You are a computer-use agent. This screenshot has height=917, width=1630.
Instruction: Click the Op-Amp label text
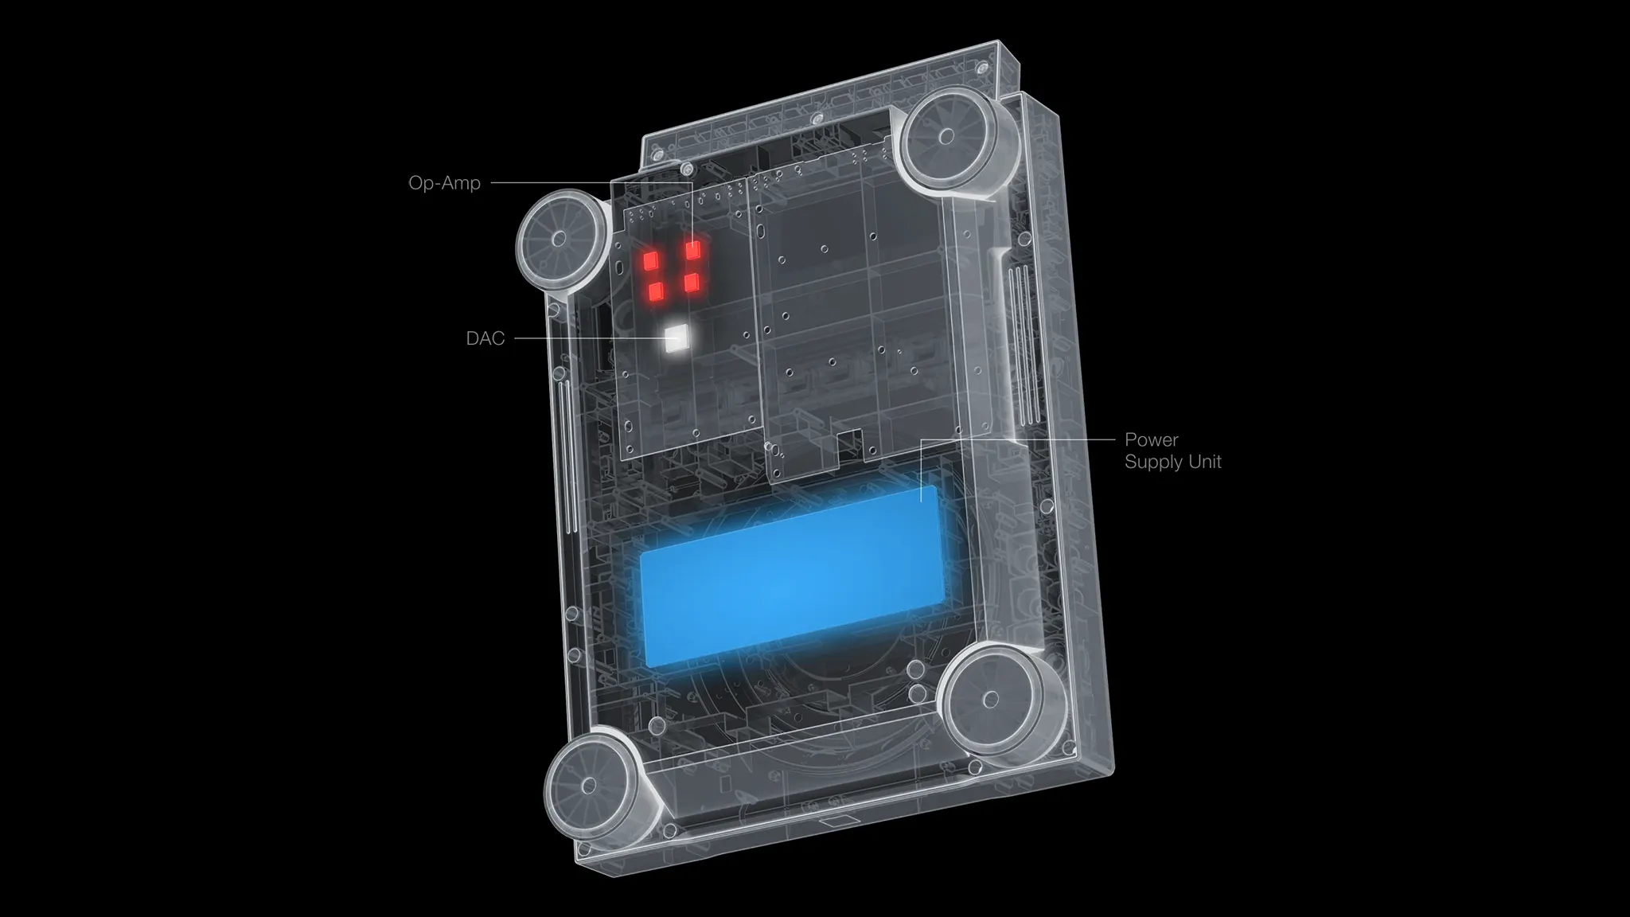click(444, 183)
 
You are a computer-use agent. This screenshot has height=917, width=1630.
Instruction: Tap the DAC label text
click(485, 338)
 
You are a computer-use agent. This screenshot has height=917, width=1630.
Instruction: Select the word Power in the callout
click(1151, 439)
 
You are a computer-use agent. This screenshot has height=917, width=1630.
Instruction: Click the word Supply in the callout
click(1151, 462)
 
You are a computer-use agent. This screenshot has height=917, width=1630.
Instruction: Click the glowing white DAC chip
click(677, 340)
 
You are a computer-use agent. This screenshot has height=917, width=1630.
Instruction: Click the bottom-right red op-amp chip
click(692, 283)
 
